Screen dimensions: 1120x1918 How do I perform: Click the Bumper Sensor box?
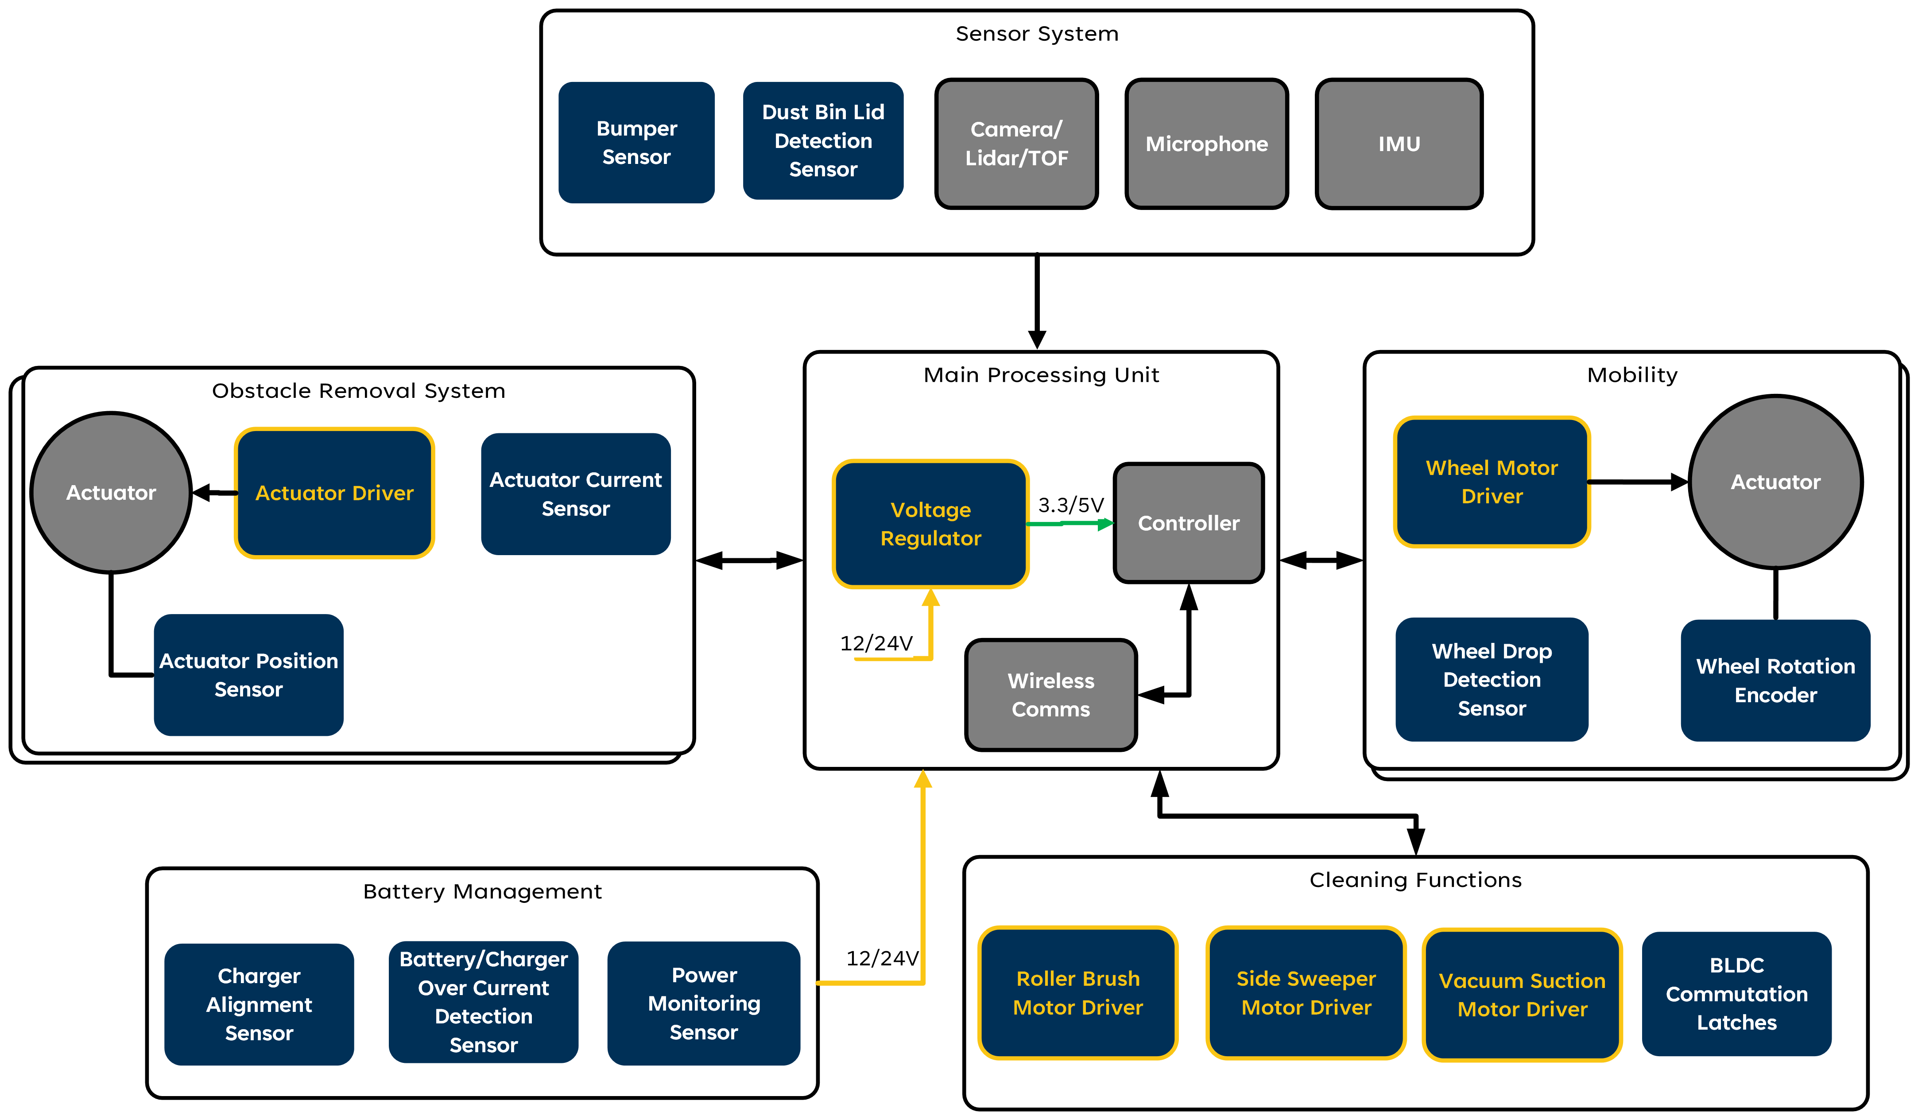click(636, 142)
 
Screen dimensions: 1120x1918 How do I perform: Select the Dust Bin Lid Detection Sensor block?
click(823, 141)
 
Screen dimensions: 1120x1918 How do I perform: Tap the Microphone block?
click(1206, 144)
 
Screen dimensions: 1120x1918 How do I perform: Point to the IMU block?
click(1399, 144)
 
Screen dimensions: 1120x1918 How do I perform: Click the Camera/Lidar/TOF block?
click(1016, 144)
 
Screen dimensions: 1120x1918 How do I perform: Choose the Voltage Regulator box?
click(930, 524)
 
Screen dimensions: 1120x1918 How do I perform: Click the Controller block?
click(1188, 523)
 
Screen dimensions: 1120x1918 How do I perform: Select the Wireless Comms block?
click(1050, 694)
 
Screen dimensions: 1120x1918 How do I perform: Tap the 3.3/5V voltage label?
click(1070, 505)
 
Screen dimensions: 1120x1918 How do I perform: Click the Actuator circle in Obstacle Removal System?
click(111, 493)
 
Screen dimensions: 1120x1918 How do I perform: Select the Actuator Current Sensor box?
click(575, 494)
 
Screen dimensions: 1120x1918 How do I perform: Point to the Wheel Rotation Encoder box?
click(1775, 680)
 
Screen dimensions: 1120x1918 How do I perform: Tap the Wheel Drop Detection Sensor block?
click(1491, 679)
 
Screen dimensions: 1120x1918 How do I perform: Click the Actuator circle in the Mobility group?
click(1775, 482)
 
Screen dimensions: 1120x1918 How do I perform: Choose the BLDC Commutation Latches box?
click(1736, 994)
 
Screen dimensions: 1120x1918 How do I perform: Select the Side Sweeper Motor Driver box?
click(1305, 993)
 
